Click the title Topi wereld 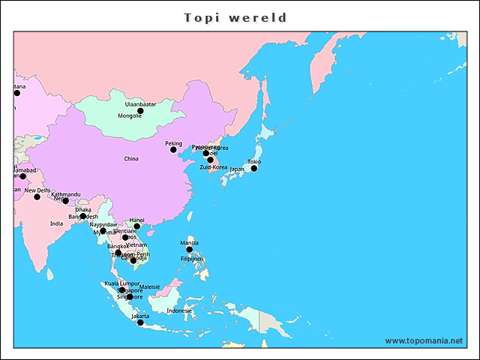tap(235, 17)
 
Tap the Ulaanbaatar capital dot tap(140, 110)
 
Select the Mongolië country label tap(130, 116)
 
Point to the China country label tap(131, 159)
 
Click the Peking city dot tap(173, 149)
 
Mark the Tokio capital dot tap(253, 168)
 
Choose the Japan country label tap(237, 169)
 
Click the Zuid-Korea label tap(213, 167)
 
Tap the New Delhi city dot tap(37, 196)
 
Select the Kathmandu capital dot tap(65, 200)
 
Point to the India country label tap(56, 223)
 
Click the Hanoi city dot tap(136, 226)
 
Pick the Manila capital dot tap(189, 249)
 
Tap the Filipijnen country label tap(192, 259)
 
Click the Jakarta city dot tap(140, 322)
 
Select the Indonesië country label tap(179, 310)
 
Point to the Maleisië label tap(150, 287)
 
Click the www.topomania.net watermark tap(424, 340)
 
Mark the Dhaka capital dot tap(83, 216)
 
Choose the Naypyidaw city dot tap(103, 230)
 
